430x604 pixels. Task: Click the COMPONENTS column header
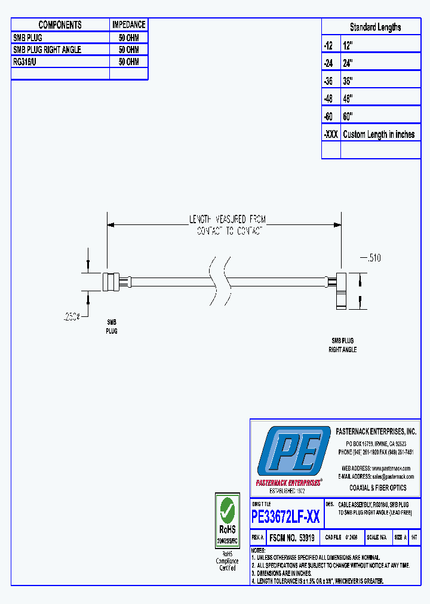(60, 24)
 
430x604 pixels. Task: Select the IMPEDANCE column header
(128, 24)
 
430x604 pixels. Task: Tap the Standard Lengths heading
(375, 27)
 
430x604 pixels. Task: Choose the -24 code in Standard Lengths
(330, 62)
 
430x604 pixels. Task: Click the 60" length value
(348, 116)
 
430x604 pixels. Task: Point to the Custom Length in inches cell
(379, 134)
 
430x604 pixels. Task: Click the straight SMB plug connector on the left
(111, 281)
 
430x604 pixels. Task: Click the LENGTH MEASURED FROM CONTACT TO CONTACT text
(228, 226)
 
